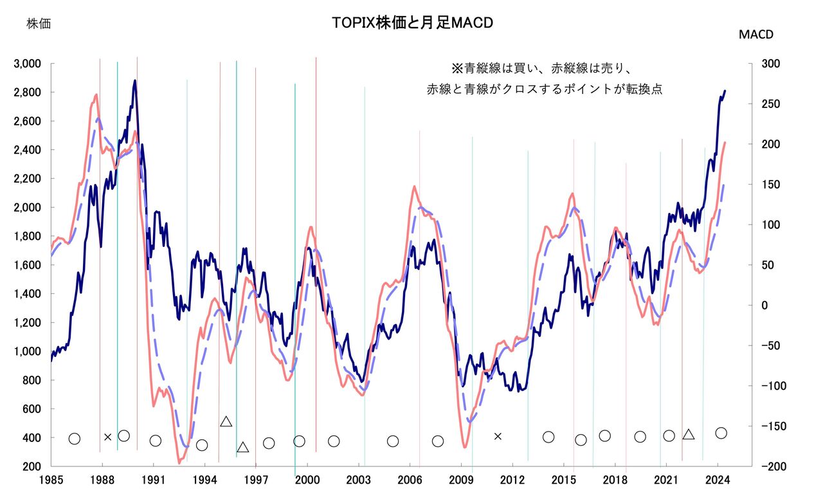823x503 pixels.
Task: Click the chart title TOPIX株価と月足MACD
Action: [x=413, y=23]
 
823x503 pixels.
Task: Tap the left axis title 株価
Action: [x=39, y=24]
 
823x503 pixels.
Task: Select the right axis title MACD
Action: [x=756, y=35]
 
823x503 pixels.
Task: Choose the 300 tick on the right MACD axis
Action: [x=770, y=64]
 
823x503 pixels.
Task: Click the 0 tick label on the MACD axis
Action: [x=764, y=306]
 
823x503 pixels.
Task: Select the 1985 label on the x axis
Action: [x=51, y=479]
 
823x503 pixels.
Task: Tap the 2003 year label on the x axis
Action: [x=358, y=479]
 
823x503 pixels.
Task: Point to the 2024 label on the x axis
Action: [x=718, y=479]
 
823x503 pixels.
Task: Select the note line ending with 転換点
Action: [x=545, y=89]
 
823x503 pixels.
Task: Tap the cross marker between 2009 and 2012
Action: [x=498, y=436]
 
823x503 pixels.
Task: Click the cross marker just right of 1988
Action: [x=108, y=437]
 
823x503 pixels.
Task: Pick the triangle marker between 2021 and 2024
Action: [x=689, y=435]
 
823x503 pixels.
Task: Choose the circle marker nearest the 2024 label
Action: [x=721, y=433]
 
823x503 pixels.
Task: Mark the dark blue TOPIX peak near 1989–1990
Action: [x=134, y=81]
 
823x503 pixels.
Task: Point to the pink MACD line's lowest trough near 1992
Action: [x=179, y=462]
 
